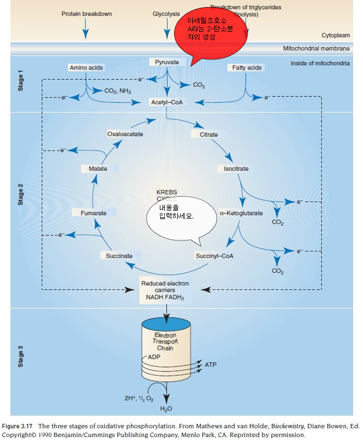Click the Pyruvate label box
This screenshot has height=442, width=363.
click(166, 63)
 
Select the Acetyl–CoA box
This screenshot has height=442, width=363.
click(166, 103)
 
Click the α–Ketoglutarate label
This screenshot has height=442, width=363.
click(241, 212)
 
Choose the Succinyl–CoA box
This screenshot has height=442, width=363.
click(214, 256)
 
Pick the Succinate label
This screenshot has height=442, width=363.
click(119, 256)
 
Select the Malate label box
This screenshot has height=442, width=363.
click(98, 169)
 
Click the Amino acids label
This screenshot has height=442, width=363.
click(86, 68)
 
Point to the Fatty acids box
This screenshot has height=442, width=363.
click(247, 68)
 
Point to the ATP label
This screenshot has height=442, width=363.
click(211, 365)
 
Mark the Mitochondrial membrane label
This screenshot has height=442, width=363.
click(316, 48)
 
